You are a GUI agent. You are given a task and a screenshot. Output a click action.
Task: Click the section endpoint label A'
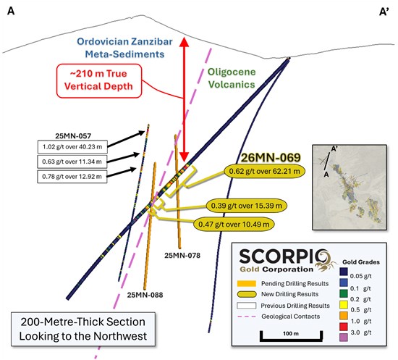[384, 12]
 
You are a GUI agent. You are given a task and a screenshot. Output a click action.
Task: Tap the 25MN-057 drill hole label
[73, 136]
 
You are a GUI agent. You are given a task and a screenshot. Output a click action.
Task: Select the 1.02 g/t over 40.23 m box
[72, 147]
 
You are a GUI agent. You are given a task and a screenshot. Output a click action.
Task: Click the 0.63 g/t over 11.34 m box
[72, 162]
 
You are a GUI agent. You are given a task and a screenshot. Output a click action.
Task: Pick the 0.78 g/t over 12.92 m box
[72, 176]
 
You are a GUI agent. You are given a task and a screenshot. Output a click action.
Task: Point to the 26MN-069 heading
[271, 158]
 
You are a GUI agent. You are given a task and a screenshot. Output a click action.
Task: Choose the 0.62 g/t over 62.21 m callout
[264, 172]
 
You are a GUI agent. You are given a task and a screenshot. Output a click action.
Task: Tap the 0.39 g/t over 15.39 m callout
[247, 206]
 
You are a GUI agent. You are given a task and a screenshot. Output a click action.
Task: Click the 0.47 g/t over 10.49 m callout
[234, 225]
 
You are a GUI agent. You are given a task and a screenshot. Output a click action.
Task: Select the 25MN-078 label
[182, 255]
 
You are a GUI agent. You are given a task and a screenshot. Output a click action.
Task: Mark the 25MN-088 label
[145, 295]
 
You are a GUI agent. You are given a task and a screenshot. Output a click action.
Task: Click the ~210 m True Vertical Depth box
[99, 81]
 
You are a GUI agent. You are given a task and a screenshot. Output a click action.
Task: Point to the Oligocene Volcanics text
[232, 78]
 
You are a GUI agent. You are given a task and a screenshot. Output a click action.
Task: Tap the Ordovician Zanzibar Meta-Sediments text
[124, 48]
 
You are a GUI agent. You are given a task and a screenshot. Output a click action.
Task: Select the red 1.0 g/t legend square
[344, 327]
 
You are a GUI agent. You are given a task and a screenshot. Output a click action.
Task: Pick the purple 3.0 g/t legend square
[344, 337]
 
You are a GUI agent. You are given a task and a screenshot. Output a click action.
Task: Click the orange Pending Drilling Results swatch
[247, 283]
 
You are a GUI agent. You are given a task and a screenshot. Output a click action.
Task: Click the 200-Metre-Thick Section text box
[83, 329]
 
